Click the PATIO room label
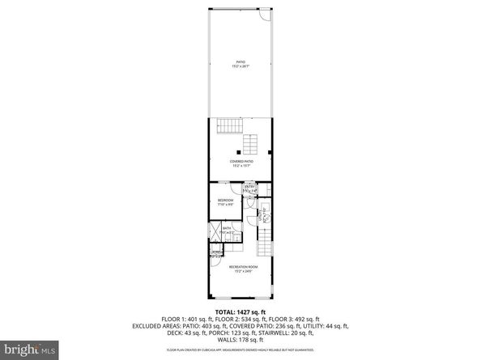coord(240,64)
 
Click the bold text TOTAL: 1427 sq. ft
coord(240,311)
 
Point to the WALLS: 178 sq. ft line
coord(240,341)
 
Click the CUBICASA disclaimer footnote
coord(240,350)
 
